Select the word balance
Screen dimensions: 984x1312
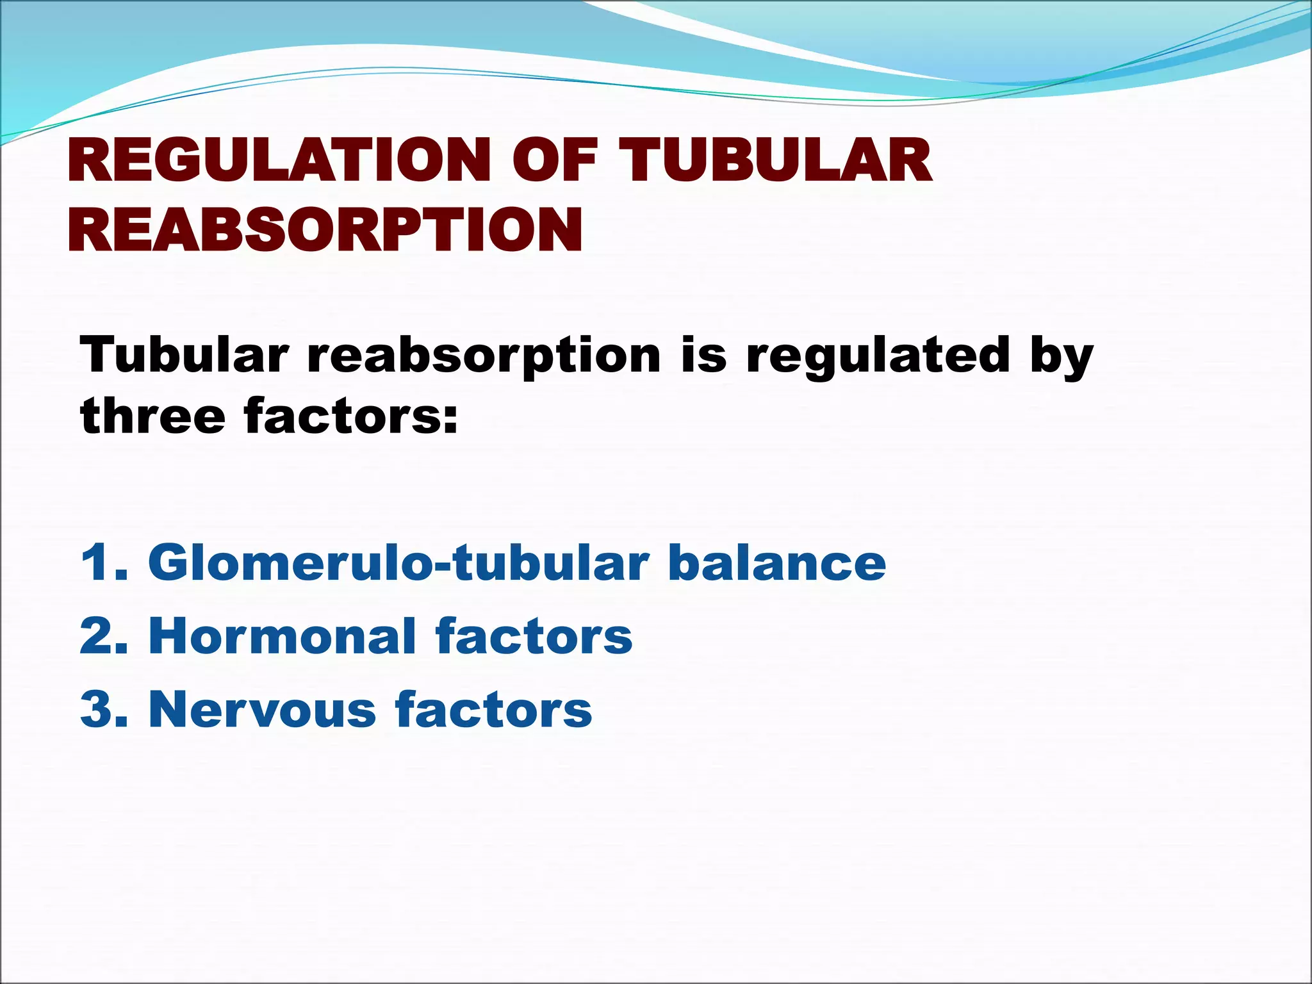tap(776, 562)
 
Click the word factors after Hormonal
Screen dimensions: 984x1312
tap(533, 636)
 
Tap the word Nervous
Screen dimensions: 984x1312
tap(262, 709)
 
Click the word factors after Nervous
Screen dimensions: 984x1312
tap(493, 709)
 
